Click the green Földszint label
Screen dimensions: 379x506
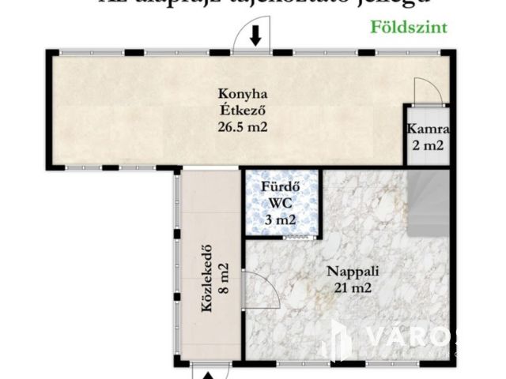click(x=409, y=26)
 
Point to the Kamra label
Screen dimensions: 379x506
click(x=429, y=129)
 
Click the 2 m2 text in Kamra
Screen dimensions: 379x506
click(x=429, y=145)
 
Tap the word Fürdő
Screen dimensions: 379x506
click(x=281, y=187)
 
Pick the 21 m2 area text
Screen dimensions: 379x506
click(x=353, y=287)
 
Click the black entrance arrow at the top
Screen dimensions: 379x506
click(x=255, y=36)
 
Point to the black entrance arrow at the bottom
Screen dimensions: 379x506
click(x=208, y=374)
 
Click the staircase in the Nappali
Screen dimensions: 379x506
click(x=428, y=201)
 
